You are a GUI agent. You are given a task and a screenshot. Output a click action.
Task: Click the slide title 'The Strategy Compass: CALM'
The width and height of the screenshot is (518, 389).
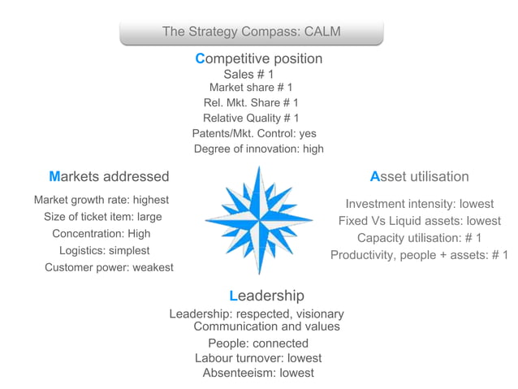[x=251, y=32]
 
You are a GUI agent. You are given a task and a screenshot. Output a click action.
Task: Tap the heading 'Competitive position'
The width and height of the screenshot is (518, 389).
[x=258, y=59]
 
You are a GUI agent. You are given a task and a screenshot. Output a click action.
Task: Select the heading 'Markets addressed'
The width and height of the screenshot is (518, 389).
[x=109, y=176]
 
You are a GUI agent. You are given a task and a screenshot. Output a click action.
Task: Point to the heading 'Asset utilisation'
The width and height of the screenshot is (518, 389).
[x=419, y=176]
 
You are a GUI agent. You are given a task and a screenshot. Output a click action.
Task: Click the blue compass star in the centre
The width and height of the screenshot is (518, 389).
[x=259, y=220]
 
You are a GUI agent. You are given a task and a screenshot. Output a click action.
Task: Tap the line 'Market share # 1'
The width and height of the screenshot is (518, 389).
[x=251, y=88]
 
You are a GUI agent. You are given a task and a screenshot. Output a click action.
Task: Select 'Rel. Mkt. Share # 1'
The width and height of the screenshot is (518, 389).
[x=251, y=103]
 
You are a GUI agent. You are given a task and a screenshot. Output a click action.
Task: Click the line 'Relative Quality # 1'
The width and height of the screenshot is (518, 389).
[x=251, y=118]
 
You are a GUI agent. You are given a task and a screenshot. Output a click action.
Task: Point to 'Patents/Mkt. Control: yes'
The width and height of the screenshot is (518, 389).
[x=254, y=133]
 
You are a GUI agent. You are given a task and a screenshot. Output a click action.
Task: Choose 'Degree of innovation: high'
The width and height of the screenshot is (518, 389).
[x=258, y=149]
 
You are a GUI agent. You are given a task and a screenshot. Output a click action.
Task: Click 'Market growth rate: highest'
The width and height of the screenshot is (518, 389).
[x=101, y=200]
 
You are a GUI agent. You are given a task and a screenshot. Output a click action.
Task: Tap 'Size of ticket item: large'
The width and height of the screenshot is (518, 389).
[x=103, y=217]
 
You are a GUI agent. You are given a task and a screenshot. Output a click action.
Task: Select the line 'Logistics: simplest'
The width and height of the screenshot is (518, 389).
[x=104, y=250]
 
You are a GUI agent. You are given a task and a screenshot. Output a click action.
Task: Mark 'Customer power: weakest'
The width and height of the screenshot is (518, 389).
[x=109, y=267]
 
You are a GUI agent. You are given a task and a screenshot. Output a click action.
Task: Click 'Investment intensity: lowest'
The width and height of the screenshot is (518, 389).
[x=419, y=204]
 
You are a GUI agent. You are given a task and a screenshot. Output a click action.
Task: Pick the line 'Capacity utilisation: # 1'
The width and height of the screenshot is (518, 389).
[x=419, y=238]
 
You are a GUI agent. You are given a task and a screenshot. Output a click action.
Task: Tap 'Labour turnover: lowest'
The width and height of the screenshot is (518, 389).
[x=258, y=358]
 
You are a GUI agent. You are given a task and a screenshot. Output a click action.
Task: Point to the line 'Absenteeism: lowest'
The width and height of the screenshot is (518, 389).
[x=258, y=374]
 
